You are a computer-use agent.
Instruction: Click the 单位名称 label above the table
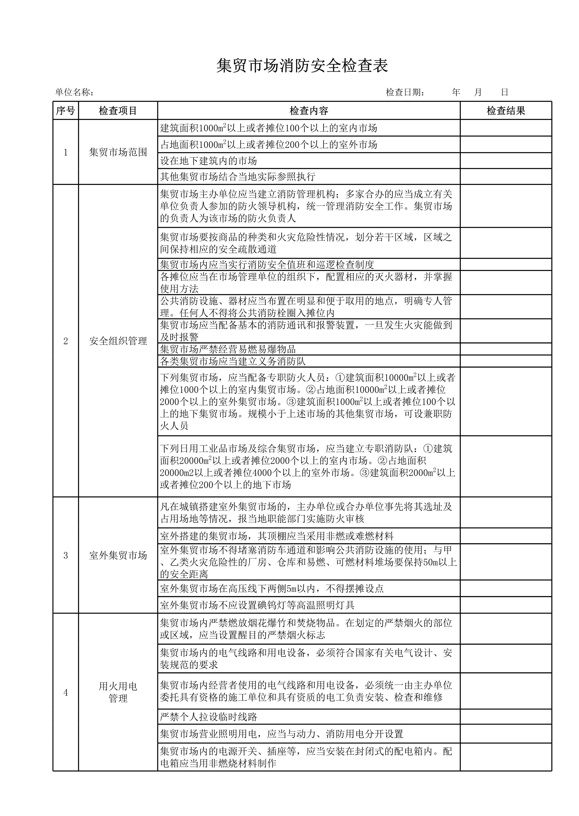(75, 92)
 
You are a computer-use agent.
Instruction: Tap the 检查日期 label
(405, 92)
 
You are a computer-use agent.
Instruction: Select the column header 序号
(66, 111)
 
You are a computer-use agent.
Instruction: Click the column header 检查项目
(118, 111)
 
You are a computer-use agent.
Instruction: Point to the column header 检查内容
(309, 111)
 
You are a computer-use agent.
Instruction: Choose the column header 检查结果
(506, 111)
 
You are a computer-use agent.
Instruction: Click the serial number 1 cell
(66, 152)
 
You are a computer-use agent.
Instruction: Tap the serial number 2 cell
(66, 341)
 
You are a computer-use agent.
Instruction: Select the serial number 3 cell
(66, 555)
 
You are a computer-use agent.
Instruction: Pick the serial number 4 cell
(66, 692)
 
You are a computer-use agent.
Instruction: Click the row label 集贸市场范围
(118, 152)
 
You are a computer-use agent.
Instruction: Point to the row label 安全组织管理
(118, 341)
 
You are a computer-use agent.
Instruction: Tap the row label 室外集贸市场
(118, 555)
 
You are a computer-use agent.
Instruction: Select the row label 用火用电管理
(118, 692)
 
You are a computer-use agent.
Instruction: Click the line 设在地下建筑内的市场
(209, 161)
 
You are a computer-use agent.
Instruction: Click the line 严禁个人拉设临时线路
(209, 717)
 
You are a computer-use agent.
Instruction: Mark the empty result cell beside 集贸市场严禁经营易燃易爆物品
(506, 349)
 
